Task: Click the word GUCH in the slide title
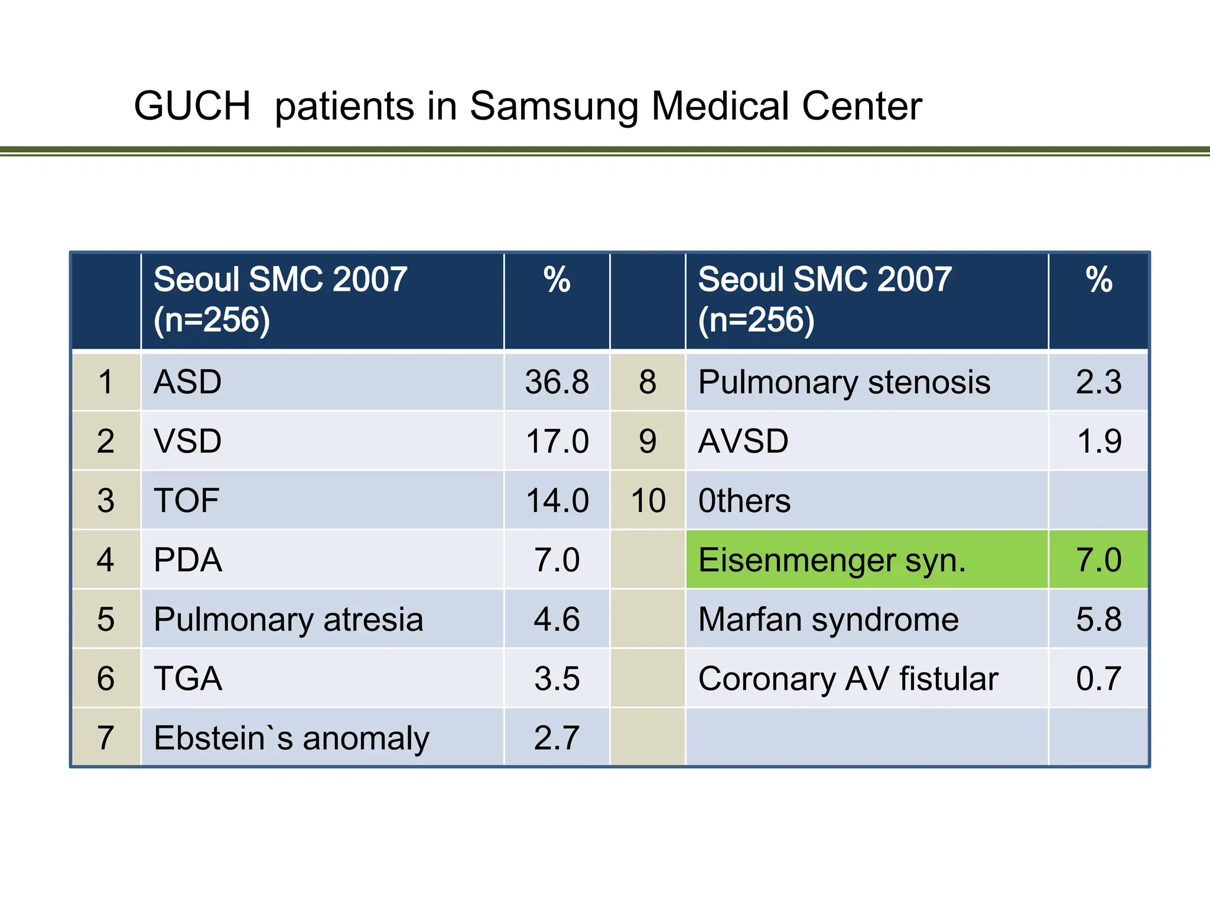point(193,106)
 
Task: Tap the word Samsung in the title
point(554,108)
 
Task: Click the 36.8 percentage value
point(557,382)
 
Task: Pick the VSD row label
point(187,441)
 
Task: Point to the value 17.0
point(557,441)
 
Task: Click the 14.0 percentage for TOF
point(557,501)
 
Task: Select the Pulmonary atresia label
point(288,620)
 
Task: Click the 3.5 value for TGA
point(557,679)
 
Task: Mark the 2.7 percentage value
point(557,738)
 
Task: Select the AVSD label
point(743,441)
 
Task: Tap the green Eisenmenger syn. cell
point(867,559)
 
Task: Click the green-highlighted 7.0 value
point(1099,559)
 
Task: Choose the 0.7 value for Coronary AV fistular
point(1099,679)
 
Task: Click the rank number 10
point(648,501)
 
